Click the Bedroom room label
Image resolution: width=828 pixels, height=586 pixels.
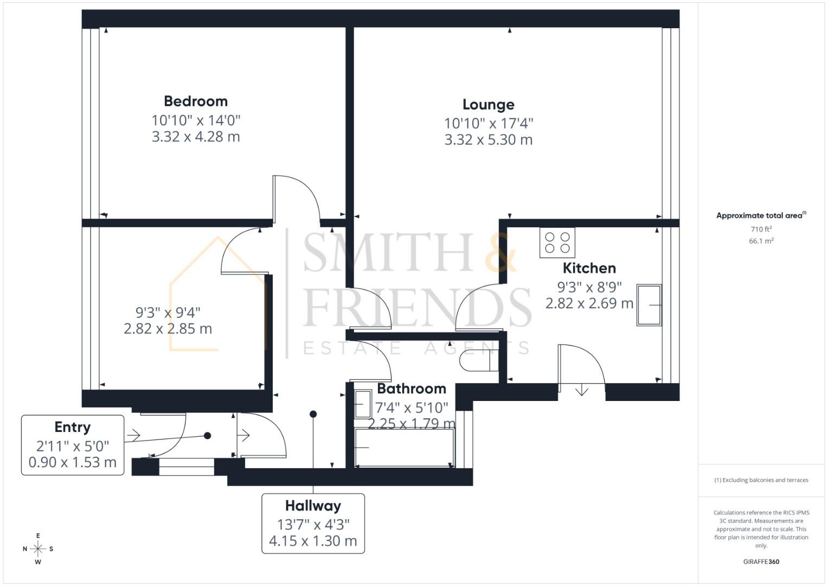coord(196,101)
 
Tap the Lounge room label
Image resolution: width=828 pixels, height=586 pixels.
coord(488,105)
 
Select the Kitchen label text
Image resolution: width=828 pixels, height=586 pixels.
coord(589,268)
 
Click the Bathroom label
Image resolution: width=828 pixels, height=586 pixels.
coord(412,388)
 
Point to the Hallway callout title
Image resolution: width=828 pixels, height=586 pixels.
coord(313,506)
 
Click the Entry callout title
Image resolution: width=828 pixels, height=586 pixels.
coord(72,428)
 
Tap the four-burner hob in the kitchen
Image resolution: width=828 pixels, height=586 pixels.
coord(557,243)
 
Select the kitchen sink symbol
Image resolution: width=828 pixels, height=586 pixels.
coord(649,305)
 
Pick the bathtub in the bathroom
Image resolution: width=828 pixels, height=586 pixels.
coord(405,448)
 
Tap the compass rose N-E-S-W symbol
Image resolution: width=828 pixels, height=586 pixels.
coord(38,549)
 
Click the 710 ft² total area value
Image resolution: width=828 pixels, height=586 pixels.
coord(761,230)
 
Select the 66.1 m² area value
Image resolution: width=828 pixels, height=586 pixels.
coord(761,241)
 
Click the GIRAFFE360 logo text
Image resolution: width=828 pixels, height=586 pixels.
coord(761,562)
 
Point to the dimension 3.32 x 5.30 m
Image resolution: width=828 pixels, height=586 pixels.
coord(488,140)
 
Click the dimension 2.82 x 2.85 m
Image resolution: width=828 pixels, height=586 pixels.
coord(168,329)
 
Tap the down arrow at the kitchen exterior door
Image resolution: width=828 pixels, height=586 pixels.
coord(581,390)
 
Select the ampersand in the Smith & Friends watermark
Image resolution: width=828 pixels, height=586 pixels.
coord(500,253)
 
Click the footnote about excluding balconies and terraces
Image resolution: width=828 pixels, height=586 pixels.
coord(761,480)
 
